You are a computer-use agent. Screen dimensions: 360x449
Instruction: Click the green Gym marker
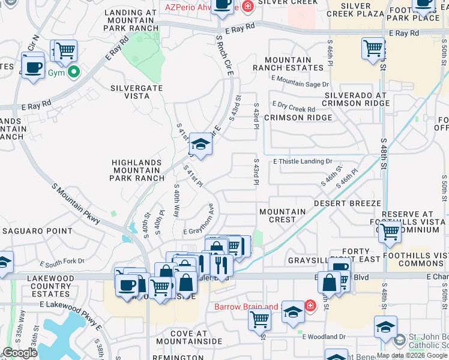74,73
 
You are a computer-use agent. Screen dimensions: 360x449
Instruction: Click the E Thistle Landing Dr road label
303,161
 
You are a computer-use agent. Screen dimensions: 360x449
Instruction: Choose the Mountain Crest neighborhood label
282,215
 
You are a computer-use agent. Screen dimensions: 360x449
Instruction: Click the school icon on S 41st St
200,144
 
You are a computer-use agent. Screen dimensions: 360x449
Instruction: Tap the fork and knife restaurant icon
221,263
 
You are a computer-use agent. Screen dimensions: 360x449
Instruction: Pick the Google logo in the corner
20,353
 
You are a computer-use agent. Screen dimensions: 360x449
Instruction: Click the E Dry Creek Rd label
294,108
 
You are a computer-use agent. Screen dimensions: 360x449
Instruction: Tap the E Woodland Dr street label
324,337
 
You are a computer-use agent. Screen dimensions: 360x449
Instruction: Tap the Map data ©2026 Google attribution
412,355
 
